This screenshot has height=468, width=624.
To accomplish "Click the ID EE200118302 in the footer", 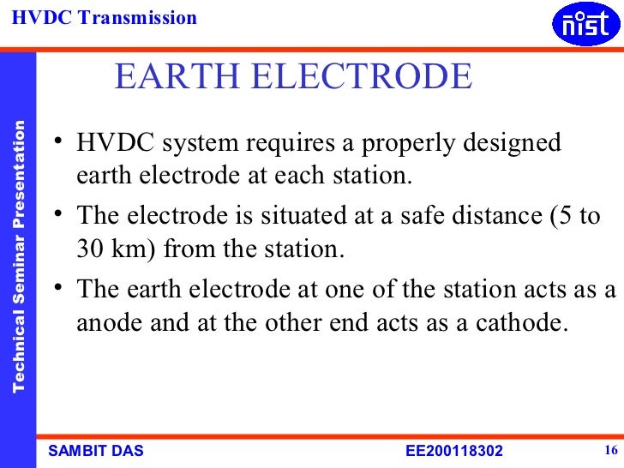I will coord(453,452).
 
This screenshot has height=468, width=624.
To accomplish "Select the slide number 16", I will coord(611,451).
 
